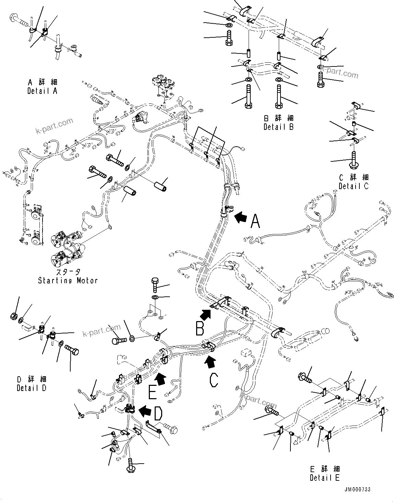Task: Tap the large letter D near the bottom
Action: [x=157, y=414]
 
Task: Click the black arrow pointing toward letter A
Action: [x=241, y=217]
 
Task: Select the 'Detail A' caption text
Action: [x=43, y=91]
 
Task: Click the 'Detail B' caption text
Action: [x=278, y=127]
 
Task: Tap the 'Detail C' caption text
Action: [x=354, y=186]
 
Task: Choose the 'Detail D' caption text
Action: [x=32, y=388]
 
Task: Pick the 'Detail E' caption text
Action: [x=325, y=477]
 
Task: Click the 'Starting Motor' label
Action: [x=68, y=280]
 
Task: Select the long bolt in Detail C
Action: [x=353, y=160]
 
